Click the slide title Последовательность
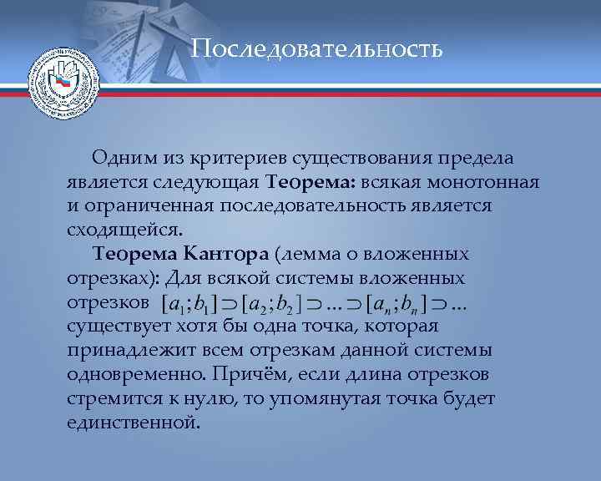316,49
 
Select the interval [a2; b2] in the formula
270,303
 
